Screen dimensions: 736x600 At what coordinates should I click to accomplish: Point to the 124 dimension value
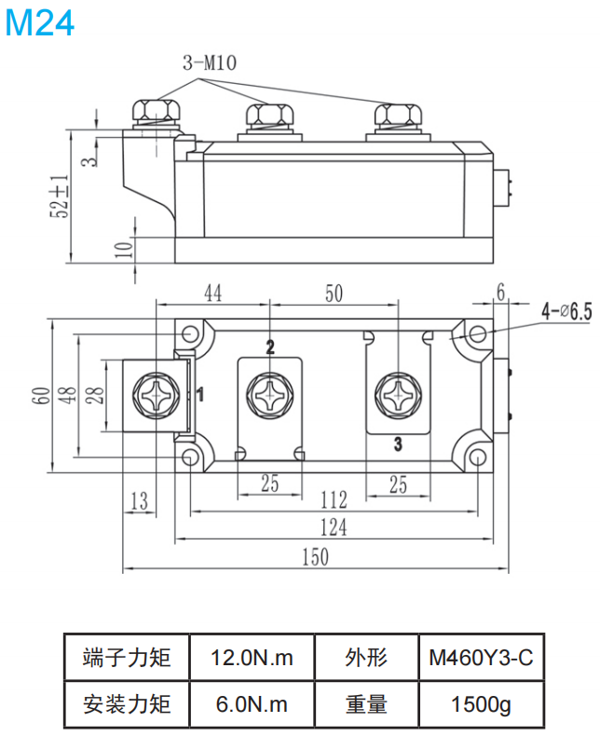[333, 527]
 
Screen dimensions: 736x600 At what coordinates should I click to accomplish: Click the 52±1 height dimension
[61, 196]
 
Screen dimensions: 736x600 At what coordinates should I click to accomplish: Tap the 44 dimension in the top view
[212, 293]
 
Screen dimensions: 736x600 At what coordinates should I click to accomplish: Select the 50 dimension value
[334, 293]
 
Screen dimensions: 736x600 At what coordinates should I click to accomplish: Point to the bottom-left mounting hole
[191, 457]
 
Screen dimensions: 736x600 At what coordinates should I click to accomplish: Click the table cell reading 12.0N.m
[252, 658]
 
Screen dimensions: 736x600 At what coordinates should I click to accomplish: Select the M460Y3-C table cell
[480, 658]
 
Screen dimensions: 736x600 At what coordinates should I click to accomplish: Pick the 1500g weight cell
[480, 704]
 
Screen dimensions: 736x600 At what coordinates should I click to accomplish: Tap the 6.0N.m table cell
[252, 704]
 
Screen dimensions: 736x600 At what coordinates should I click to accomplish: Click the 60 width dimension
[40, 395]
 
